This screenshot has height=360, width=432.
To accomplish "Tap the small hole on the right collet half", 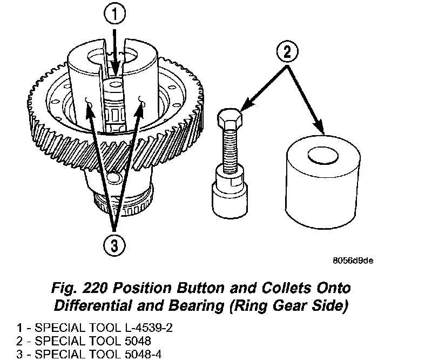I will tap(142, 99).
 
